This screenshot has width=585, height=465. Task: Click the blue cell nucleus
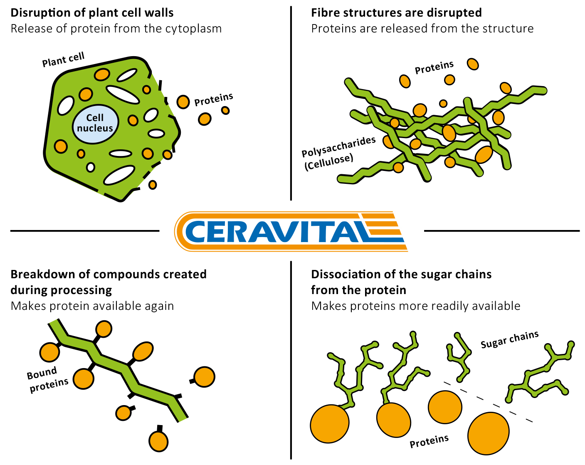tap(95, 124)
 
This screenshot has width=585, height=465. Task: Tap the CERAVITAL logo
tap(291, 231)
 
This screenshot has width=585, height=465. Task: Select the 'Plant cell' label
tap(63, 59)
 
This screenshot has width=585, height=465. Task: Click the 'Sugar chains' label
tap(509, 340)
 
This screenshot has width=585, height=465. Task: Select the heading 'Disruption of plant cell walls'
tap(92, 13)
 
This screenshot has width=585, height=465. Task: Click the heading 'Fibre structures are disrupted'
tap(396, 13)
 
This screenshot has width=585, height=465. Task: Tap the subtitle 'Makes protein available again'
tap(92, 306)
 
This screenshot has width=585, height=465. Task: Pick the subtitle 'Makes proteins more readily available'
tap(415, 306)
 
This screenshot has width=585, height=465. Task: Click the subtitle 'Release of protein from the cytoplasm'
tap(116, 29)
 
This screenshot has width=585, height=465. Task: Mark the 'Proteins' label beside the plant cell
tap(214, 99)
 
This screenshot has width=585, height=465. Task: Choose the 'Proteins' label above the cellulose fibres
tap(434, 67)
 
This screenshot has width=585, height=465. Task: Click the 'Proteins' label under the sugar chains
tap(429, 441)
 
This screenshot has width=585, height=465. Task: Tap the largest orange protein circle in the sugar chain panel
tap(488, 433)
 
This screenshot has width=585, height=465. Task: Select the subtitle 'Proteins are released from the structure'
tap(422, 29)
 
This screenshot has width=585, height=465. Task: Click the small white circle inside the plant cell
tap(90, 167)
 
